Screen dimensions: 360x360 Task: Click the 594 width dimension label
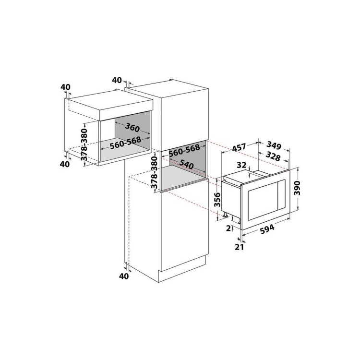(267, 229)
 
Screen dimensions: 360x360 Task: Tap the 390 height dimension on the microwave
(297, 188)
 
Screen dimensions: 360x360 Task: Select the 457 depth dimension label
(239, 147)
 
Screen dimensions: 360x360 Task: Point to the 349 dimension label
(274, 145)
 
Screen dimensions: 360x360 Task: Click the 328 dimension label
(273, 156)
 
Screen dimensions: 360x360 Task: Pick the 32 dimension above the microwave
(241, 165)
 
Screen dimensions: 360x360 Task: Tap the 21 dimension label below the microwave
(240, 247)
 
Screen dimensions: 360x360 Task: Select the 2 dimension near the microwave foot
(228, 228)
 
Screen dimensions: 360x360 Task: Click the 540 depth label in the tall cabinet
(186, 164)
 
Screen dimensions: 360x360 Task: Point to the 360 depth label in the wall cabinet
(132, 127)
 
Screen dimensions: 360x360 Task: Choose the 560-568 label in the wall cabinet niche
(125, 143)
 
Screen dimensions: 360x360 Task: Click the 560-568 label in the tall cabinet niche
(184, 150)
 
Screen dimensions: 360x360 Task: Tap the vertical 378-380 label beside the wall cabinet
(84, 144)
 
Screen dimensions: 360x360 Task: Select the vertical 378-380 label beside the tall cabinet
(155, 172)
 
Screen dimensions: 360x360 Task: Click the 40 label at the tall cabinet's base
(124, 276)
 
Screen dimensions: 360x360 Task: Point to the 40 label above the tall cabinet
(117, 80)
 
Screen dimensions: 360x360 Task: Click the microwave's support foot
(226, 215)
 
